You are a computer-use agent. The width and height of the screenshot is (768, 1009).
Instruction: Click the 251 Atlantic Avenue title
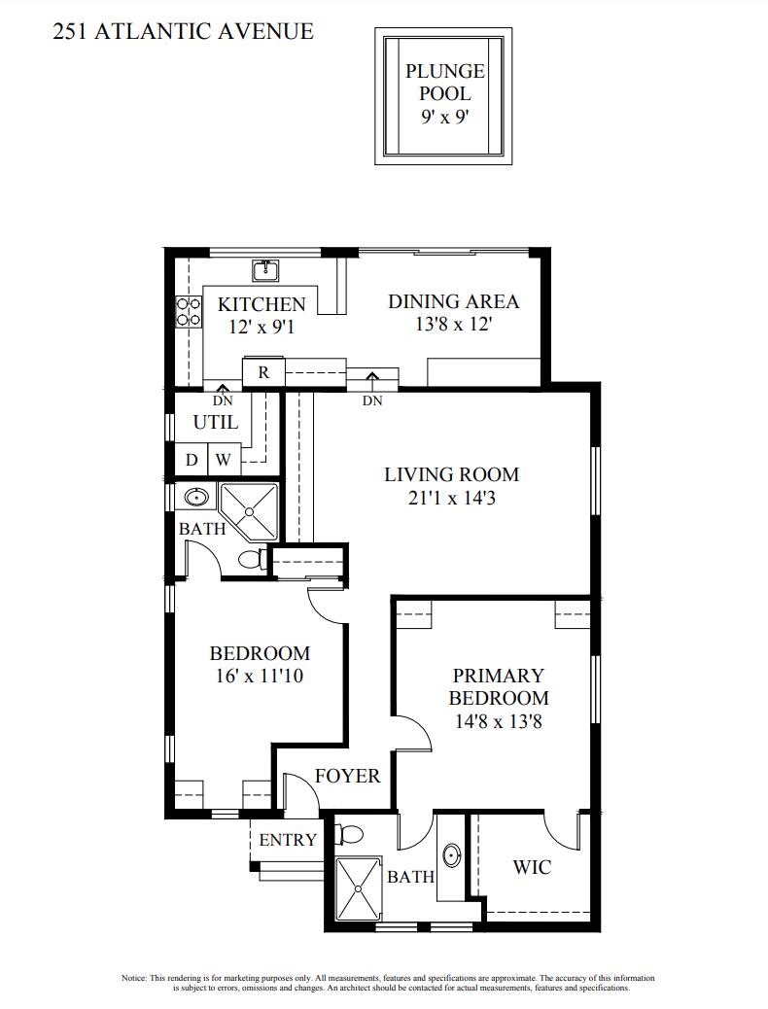(182, 31)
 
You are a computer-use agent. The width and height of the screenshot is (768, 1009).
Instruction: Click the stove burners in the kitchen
(188, 311)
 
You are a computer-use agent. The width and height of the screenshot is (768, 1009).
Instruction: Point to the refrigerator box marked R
(262, 371)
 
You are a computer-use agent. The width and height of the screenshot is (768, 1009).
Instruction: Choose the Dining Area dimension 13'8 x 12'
(453, 325)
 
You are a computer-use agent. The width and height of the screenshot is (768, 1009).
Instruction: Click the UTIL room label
(215, 423)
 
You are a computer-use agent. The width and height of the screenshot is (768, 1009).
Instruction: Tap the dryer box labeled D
(192, 460)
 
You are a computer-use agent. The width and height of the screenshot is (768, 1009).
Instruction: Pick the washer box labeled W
(223, 460)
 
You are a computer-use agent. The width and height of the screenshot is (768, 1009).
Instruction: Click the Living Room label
(451, 475)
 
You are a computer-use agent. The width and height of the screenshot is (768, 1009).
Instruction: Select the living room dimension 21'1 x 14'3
(451, 499)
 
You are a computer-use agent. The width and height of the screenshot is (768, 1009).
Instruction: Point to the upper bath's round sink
(197, 498)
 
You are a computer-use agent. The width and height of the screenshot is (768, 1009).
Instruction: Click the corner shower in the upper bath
(249, 509)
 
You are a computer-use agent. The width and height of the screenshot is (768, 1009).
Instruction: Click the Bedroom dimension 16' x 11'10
(260, 676)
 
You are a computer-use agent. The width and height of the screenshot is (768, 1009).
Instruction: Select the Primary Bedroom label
(498, 686)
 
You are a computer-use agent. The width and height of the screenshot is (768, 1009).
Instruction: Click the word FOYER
(347, 777)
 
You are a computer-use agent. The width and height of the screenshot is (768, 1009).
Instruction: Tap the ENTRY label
(287, 840)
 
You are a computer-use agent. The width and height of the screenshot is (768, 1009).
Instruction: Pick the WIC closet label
(532, 866)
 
